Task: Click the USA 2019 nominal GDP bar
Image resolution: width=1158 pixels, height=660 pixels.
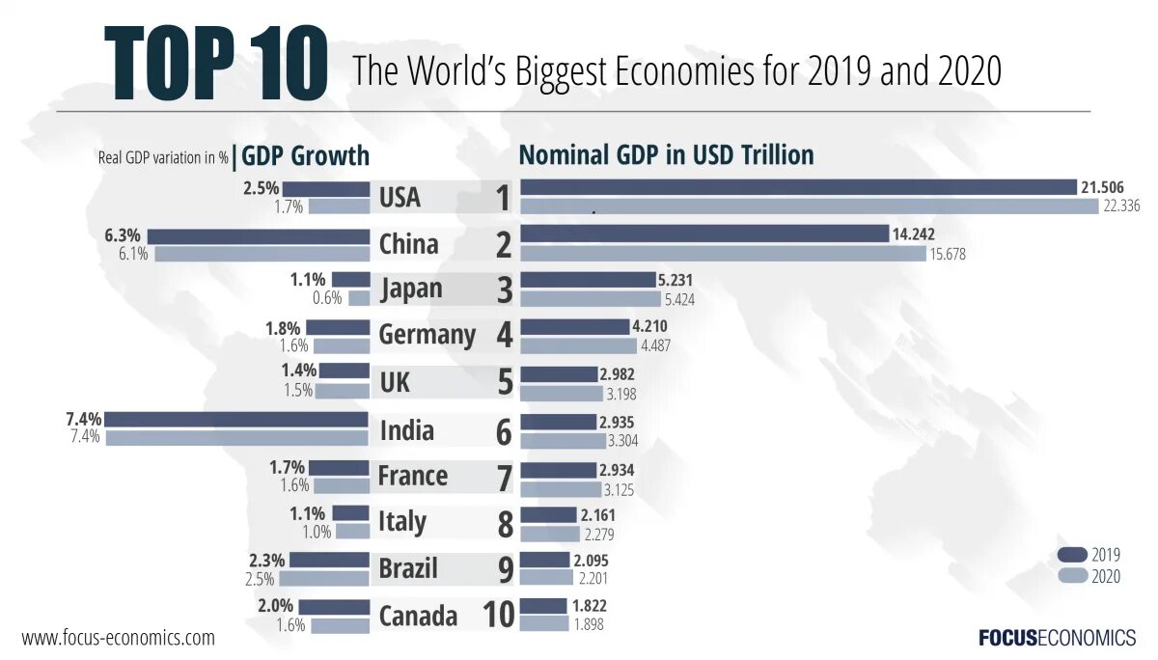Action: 798,187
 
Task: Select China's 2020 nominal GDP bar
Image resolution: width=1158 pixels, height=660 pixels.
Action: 723,254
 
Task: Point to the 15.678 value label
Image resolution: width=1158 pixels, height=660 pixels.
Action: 947,255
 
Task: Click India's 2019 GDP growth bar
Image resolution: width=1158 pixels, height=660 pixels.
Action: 237,420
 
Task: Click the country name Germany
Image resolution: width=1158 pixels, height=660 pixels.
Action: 427,335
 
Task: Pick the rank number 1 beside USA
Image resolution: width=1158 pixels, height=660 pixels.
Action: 502,198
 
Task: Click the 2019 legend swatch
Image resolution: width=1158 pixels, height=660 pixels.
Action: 1072,555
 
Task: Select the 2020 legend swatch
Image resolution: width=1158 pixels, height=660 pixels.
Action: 1072,576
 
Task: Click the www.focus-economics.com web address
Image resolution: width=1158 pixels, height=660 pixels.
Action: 118,638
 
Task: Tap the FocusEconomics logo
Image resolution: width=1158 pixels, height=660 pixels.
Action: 1057,638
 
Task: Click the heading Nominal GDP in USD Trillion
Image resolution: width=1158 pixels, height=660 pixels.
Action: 666,155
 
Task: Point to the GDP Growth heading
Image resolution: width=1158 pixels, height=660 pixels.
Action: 306,156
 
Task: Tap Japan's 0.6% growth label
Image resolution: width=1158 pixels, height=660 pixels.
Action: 326,298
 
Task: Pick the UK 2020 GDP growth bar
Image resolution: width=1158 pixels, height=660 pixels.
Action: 343,392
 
